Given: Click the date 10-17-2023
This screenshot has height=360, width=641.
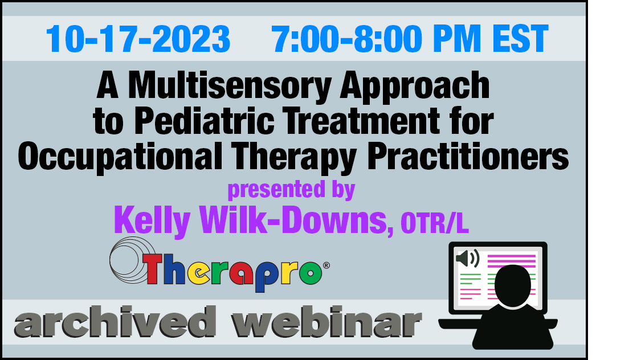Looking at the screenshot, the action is (x=138, y=39).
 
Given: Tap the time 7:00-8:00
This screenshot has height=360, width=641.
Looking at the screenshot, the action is (x=346, y=39).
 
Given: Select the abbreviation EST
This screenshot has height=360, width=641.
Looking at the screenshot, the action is (x=520, y=39).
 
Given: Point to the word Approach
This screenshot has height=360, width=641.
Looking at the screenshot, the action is (x=415, y=86).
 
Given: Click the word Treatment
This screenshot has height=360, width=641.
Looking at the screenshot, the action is (x=361, y=121).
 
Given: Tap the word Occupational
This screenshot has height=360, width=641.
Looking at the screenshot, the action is (x=120, y=157).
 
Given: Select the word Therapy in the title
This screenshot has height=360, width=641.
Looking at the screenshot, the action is (x=294, y=157).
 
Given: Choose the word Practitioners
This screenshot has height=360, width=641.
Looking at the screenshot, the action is (x=468, y=156).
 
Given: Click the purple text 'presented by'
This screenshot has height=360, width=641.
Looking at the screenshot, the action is (x=291, y=190).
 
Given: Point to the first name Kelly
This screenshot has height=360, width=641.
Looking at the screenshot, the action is (x=152, y=220).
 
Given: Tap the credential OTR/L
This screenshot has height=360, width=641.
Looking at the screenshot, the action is (x=435, y=223).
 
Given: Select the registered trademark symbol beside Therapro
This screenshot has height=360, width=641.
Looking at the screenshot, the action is (x=326, y=265).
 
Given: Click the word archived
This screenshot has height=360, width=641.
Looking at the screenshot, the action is (x=115, y=321).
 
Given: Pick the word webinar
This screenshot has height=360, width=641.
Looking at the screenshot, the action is (x=326, y=321).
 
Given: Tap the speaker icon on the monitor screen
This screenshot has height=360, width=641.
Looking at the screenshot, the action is (x=467, y=258).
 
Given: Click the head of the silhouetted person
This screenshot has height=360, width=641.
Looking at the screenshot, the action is (x=513, y=285).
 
